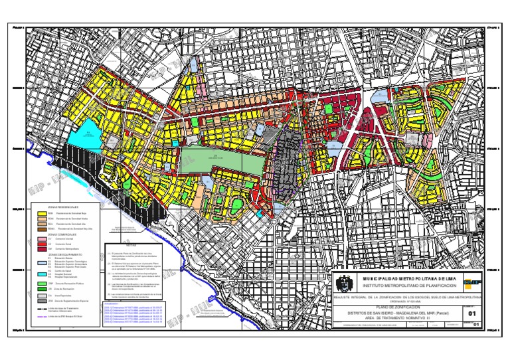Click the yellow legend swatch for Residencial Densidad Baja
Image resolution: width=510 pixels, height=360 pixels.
(x=42, y=213)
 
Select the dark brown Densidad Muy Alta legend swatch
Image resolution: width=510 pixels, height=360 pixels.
(x=42, y=228)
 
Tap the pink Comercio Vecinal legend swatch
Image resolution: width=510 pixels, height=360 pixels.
(x=42, y=238)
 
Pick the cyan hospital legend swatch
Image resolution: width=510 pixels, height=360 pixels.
(x=42, y=274)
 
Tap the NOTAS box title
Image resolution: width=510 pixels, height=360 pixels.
(x=129, y=244)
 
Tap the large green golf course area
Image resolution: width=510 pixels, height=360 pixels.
(x=222, y=159)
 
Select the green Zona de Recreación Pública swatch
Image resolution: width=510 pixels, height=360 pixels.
(x=42, y=283)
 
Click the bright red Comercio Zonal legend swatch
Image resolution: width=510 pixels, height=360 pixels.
(x=42, y=244)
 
